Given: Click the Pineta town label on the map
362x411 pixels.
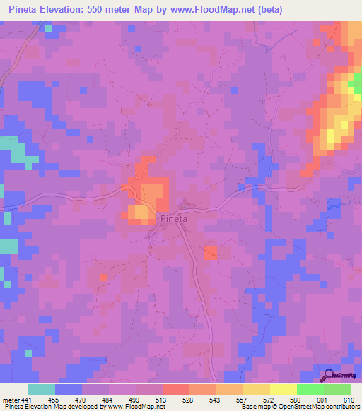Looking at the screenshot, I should [173, 219].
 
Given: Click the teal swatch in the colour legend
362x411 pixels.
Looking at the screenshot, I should [41, 389].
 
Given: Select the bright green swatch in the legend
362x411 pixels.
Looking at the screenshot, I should [310, 389].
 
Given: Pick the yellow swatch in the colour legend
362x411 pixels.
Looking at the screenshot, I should [257, 389].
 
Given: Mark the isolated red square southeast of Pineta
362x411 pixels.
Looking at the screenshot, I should [210, 253].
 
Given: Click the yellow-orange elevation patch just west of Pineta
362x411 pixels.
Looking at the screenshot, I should [140, 212].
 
